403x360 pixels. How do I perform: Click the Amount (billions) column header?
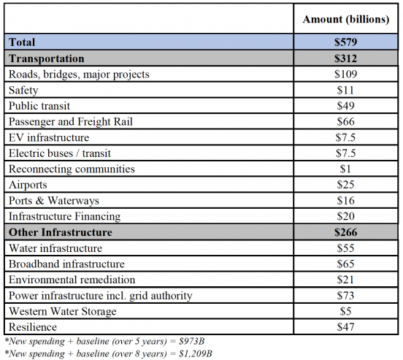[x=345, y=20]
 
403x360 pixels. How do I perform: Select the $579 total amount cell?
[x=345, y=42]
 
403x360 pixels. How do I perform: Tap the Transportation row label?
[x=47, y=58]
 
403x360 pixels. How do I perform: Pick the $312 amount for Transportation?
[x=345, y=58]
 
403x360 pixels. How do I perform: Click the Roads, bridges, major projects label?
[x=79, y=74]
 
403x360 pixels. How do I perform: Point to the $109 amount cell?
[x=345, y=74]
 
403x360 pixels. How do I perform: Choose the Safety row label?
[x=23, y=91]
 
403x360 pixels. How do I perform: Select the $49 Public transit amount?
[x=345, y=106]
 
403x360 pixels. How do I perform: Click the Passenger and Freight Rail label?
[x=71, y=122]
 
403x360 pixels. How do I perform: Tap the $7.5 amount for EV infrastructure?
[x=345, y=137]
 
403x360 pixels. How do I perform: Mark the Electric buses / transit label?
[x=60, y=153]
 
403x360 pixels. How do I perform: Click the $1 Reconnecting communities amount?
[x=345, y=169]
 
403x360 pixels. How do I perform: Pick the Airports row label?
[x=28, y=185]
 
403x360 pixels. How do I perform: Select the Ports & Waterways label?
[x=54, y=201]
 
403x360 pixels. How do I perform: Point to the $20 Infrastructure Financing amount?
[x=345, y=216]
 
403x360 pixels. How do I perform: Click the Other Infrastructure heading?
[x=61, y=232]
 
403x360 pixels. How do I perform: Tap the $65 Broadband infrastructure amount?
[x=345, y=264]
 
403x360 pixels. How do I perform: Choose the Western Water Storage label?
[x=63, y=311]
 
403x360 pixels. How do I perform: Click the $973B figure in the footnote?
[x=191, y=341]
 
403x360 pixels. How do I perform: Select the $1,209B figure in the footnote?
[x=196, y=353]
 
